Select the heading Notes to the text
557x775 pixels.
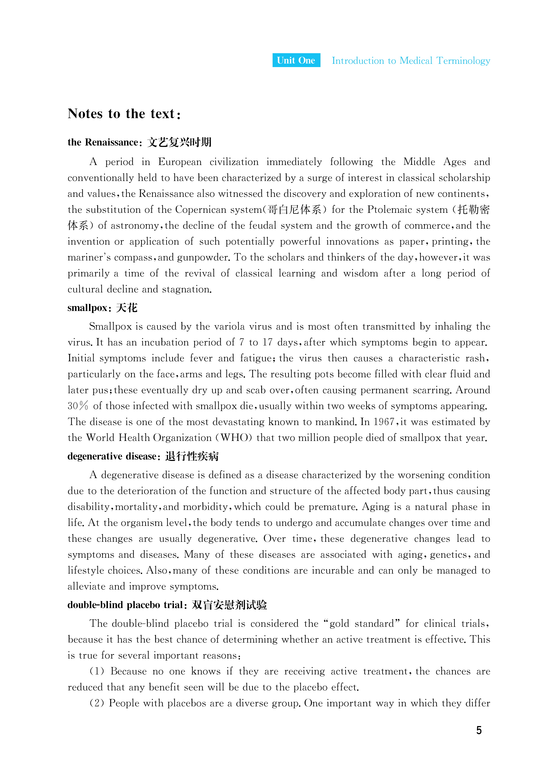[124, 114]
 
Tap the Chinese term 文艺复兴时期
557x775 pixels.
[179, 142]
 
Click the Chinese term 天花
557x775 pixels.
[127, 308]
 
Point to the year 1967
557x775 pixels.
[384, 422]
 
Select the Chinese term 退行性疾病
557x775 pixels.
[192, 457]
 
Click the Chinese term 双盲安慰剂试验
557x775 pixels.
[229, 605]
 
